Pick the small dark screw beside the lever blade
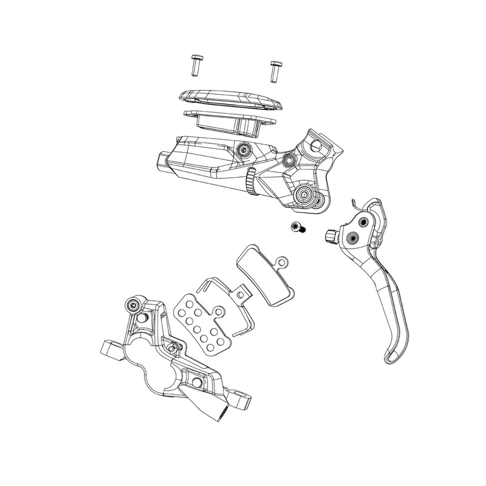pyautogui.click(x=298, y=228)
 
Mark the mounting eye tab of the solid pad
pyautogui.click(x=282, y=262)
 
